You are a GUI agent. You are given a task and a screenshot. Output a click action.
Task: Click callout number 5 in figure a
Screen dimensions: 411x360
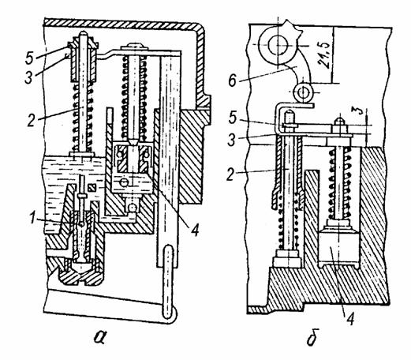tap(29, 58)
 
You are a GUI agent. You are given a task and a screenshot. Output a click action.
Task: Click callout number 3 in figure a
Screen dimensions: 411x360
tap(29, 77)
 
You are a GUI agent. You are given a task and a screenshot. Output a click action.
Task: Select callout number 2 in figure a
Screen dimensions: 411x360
tap(32, 120)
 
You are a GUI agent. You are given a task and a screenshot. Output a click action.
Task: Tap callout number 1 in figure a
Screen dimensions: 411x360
tap(32, 218)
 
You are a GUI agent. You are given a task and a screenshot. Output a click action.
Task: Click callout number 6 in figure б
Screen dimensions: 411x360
tap(233, 81)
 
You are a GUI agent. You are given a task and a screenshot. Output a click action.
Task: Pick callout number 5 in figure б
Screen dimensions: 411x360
tap(233, 118)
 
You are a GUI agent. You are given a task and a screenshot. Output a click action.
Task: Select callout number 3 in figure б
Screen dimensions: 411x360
tap(231, 141)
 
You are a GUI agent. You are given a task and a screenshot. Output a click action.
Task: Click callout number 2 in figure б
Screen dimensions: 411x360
tap(231, 174)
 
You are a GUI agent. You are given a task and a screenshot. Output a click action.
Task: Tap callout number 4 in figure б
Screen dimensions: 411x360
tap(350, 318)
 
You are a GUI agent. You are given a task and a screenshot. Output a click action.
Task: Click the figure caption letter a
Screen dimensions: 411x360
tap(101, 339)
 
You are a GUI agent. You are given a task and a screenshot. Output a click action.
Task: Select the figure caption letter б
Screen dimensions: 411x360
tap(312, 338)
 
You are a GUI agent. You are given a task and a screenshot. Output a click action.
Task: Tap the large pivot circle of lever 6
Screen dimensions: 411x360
tap(275, 45)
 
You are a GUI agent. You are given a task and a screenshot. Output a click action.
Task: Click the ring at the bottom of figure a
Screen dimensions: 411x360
tap(168, 284)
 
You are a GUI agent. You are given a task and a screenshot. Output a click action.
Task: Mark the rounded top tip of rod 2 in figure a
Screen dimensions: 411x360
tap(83, 33)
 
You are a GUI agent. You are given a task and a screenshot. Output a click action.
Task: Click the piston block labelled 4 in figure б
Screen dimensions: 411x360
tap(338, 247)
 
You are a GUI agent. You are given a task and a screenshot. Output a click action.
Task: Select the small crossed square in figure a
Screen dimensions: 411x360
tap(92, 188)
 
